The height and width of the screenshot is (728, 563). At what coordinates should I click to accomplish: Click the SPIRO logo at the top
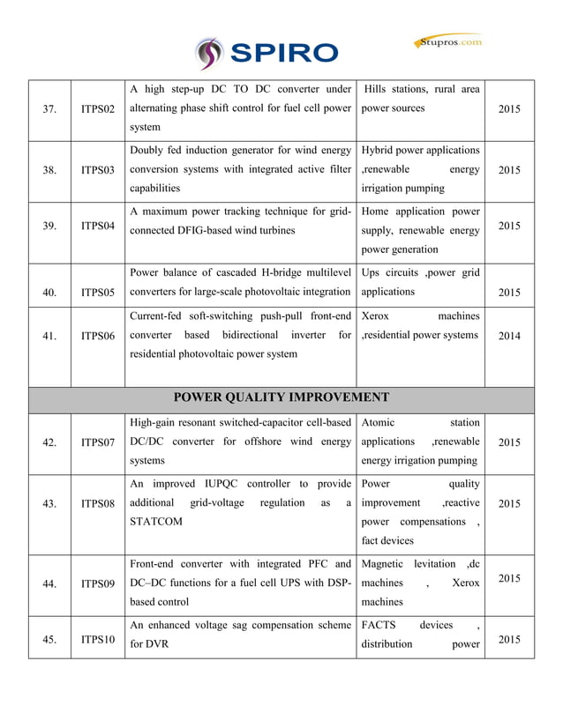point(267,53)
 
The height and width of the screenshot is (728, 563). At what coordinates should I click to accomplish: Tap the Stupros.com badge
point(448,41)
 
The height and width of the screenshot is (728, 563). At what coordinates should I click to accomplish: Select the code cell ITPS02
point(98,110)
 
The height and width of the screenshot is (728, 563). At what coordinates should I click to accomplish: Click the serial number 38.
point(49,171)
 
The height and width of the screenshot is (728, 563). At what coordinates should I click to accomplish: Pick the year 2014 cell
point(509,336)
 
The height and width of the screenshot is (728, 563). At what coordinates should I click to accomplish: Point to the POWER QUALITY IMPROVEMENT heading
point(281,397)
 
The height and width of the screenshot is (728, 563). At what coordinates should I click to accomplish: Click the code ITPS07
point(98,442)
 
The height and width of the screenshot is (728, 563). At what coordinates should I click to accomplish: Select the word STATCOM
point(157,522)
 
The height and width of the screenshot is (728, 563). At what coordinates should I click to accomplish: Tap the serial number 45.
point(49,640)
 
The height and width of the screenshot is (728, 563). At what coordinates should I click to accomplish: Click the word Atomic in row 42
point(379,423)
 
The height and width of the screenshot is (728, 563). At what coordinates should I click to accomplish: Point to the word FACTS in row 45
point(379,626)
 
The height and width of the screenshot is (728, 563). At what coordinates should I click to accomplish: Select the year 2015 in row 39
point(509,227)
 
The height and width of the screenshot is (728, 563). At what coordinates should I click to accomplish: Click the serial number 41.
point(49,336)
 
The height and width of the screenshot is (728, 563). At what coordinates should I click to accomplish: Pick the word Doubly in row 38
point(147,151)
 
